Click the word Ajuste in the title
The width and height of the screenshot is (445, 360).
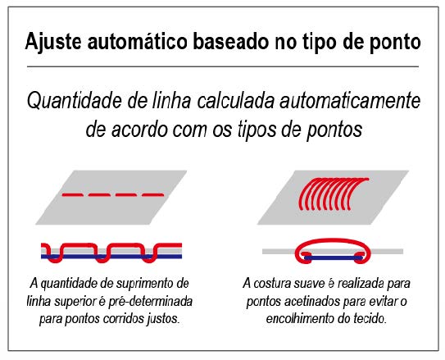[x=53, y=43]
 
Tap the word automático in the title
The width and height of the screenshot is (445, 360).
[x=138, y=42]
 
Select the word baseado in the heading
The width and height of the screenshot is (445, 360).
[x=231, y=42]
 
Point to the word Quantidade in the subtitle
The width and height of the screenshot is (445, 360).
[x=75, y=101]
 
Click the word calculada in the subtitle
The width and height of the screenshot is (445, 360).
[x=235, y=101]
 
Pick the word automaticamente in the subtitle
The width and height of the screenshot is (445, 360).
[x=350, y=101]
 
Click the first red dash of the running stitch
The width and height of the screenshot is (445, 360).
[x=73, y=195]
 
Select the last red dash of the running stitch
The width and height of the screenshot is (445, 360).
[x=153, y=195]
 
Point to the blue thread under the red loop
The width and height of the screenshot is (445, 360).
[x=333, y=258]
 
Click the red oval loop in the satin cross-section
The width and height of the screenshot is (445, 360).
[x=333, y=241]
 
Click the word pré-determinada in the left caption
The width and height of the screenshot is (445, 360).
[x=151, y=301]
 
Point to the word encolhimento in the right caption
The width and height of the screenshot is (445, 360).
[x=300, y=318]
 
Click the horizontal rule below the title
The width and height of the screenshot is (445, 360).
[x=223, y=66]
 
